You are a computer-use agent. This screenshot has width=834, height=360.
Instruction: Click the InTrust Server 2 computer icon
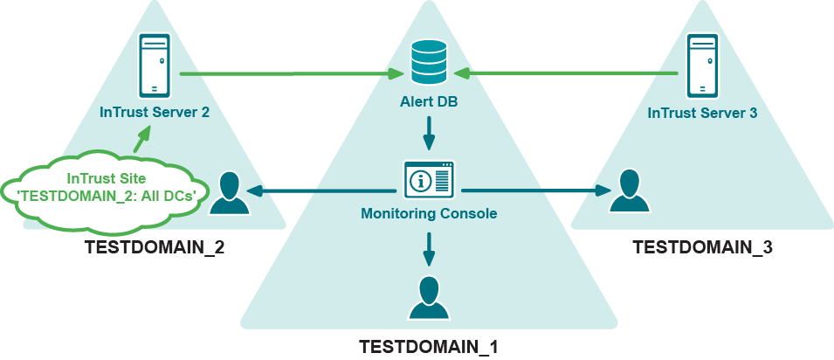click(154, 66)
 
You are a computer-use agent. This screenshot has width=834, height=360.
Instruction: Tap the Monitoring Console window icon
click(429, 180)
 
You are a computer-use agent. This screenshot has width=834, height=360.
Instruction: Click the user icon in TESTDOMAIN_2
click(229, 193)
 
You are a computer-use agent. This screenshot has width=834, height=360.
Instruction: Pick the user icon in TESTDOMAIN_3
click(629, 193)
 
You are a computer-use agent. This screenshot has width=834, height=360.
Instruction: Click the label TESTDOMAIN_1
click(428, 346)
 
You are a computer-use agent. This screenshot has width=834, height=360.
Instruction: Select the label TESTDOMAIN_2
click(155, 247)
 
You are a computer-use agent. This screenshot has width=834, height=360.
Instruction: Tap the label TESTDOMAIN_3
click(702, 247)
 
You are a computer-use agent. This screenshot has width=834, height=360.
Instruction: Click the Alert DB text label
click(429, 103)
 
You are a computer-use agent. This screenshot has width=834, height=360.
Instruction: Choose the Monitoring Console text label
click(429, 212)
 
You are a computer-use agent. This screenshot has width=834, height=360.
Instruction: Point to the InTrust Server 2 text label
click(155, 113)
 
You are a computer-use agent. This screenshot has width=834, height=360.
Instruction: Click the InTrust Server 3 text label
click(702, 113)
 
